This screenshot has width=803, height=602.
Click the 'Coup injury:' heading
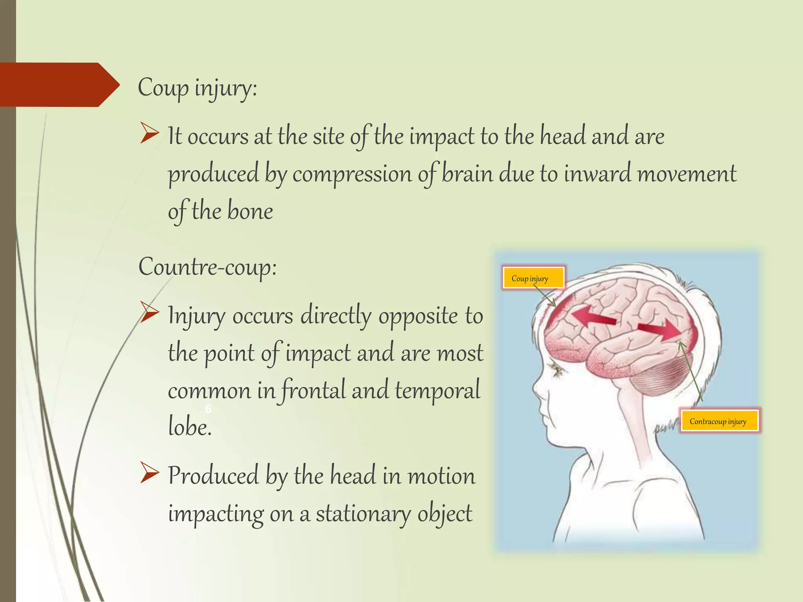coord(197,88)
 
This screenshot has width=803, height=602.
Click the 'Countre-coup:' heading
coord(207,267)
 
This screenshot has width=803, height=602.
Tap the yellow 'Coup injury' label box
coord(533,278)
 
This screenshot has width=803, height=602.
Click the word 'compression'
coord(352,174)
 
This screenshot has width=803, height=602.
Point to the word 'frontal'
coord(313,390)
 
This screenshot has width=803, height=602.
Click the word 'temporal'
coord(437,390)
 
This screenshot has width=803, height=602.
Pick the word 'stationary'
coord(363,513)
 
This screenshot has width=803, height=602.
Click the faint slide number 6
coord(208,409)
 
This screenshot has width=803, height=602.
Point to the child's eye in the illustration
coord(556,370)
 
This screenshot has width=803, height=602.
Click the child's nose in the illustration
coord(536,388)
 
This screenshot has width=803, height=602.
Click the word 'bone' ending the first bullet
coord(250,212)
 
